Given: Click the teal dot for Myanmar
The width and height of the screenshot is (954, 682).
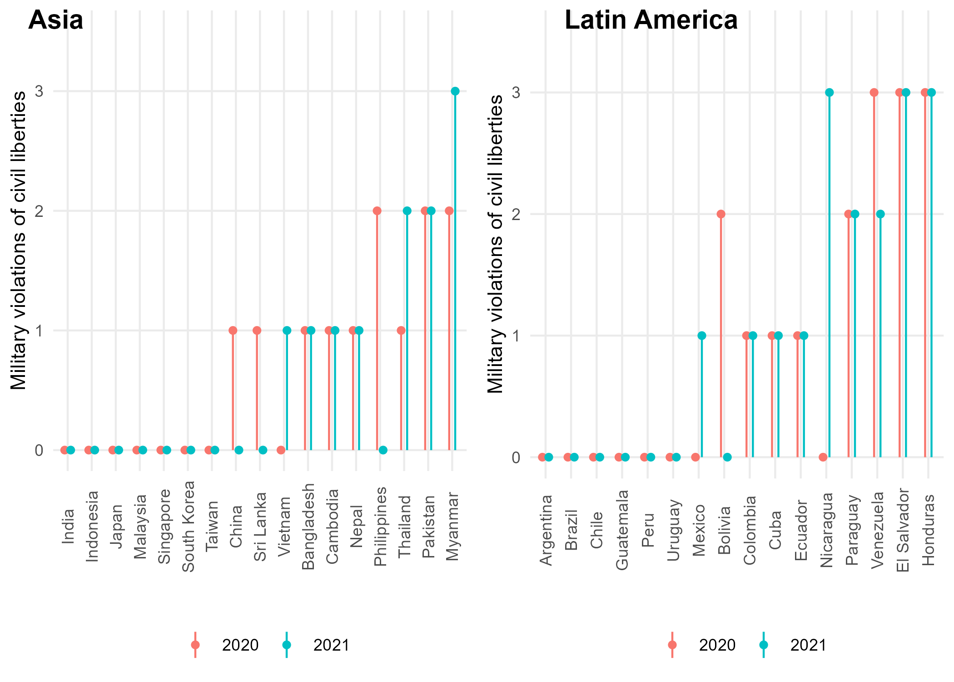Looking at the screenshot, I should click(455, 91).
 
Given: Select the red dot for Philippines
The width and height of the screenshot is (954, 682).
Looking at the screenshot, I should click(377, 211).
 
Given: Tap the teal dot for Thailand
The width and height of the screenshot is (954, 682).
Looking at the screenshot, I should click(407, 211).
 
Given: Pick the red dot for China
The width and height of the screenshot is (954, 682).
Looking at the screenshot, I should click(233, 331).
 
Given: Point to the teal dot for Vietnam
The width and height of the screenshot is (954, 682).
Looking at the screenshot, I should click(287, 331).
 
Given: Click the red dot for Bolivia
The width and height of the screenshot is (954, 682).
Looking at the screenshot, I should click(721, 214).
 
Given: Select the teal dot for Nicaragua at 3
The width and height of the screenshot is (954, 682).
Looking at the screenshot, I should click(830, 93).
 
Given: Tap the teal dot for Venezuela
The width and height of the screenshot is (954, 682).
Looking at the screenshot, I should click(880, 214).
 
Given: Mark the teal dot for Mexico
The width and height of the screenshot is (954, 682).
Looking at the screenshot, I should click(702, 336).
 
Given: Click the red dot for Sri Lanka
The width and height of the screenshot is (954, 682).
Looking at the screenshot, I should click(257, 331).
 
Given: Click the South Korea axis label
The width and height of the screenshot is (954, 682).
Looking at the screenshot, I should click(188, 526).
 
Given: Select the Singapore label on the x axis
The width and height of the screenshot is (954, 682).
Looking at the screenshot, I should click(164, 526).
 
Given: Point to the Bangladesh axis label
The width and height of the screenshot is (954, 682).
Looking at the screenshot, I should click(308, 526).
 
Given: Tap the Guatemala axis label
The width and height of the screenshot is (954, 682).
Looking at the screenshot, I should click(622, 530).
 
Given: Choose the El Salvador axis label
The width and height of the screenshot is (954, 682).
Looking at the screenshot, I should click(903, 530).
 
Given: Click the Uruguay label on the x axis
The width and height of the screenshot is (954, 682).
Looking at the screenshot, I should click(673, 530).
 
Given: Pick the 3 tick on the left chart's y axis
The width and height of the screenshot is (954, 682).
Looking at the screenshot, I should click(40, 91).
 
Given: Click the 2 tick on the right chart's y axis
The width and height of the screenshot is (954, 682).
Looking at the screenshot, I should click(516, 214).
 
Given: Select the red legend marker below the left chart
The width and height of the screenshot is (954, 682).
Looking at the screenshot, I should click(195, 645).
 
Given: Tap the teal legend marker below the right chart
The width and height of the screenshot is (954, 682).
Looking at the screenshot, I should click(764, 645).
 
